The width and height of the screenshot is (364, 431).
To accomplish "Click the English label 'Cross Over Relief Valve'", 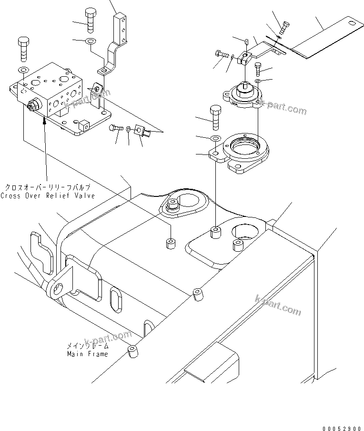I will [x=47, y=196].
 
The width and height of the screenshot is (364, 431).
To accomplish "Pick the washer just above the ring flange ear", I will [x=214, y=139].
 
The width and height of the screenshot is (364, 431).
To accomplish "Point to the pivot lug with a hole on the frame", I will [x=61, y=287].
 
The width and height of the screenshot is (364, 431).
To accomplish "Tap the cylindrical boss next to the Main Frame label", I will [x=132, y=353].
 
